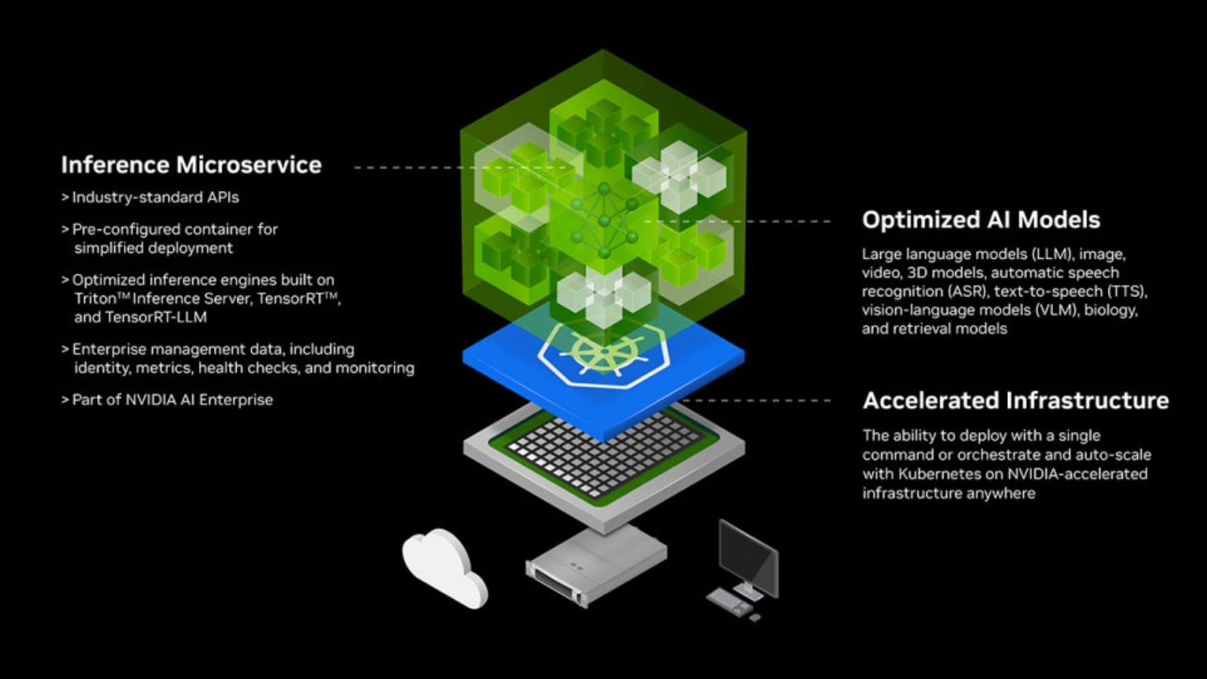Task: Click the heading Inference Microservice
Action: pyautogui.click(x=191, y=165)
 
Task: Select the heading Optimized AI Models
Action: pyautogui.click(x=981, y=220)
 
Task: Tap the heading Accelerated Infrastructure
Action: pyautogui.click(x=1015, y=400)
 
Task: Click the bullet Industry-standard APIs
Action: pyautogui.click(x=155, y=198)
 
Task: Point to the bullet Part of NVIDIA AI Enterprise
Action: pyautogui.click(x=172, y=400)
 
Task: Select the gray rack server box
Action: pyautogui.click(x=595, y=564)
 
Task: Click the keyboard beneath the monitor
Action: pyautogui.click(x=729, y=602)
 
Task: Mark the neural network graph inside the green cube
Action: pyautogui.click(x=603, y=220)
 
